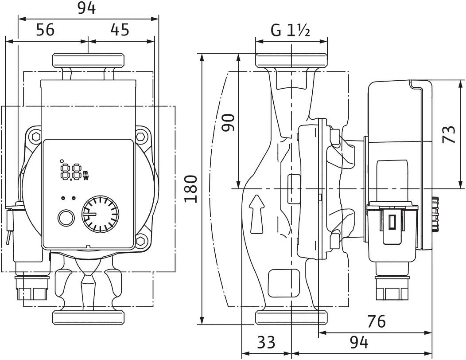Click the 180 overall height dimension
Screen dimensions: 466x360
(191, 189)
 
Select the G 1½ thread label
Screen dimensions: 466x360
(290, 30)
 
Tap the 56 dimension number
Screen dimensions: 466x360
(46, 30)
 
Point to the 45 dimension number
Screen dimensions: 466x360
(120, 30)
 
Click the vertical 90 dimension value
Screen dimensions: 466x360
(229, 122)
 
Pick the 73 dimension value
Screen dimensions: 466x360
(449, 134)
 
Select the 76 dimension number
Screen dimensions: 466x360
(376, 321)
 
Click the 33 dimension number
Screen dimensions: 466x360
(266, 342)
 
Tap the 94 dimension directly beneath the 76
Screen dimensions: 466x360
(359, 343)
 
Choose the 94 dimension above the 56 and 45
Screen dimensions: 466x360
(87, 8)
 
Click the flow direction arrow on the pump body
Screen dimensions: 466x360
(257, 214)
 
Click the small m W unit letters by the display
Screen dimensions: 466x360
(86, 176)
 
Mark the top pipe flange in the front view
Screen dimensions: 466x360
(88, 60)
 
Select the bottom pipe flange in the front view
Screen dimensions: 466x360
(88, 317)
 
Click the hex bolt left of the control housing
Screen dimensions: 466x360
(36, 137)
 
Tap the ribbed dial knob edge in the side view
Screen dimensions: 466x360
(435, 214)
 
